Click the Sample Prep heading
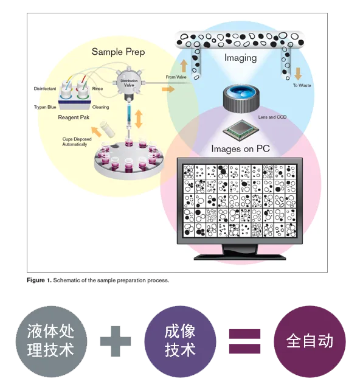coord(118,52)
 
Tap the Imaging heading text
coord(240,58)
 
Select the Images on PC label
coord(240,149)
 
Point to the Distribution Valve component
coord(129,83)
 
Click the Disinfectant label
coord(45,89)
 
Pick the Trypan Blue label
coord(45,107)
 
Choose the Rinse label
coord(97,89)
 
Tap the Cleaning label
coord(100,107)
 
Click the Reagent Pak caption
coord(74,117)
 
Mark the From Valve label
coord(176,77)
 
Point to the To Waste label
coord(302,85)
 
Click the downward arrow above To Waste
coord(298,74)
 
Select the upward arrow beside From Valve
coord(184,65)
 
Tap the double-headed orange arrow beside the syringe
coord(139,119)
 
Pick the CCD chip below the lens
coord(241,130)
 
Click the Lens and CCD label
coord(272,117)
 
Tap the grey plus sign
coord(116,341)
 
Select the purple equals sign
coord(244,341)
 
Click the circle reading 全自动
coord(310,341)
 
